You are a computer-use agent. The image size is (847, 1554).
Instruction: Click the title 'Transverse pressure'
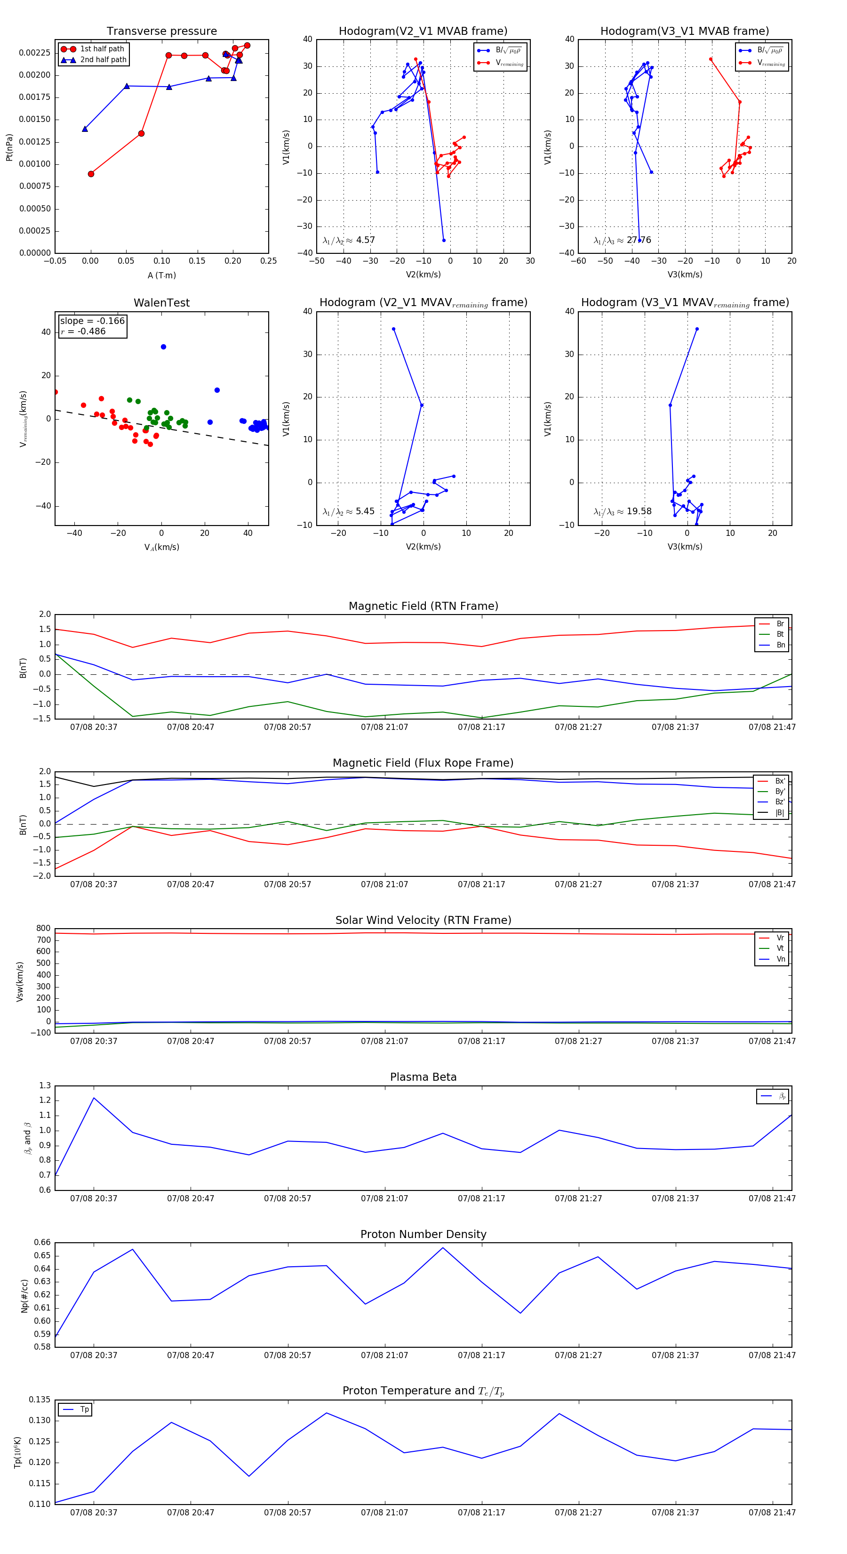tap(161, 32)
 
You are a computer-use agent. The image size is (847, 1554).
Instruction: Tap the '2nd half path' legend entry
tap(103, 60)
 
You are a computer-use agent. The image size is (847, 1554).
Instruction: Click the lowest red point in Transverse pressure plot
tap(91, 174)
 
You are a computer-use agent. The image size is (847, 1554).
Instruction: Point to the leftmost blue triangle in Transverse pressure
tap(85, 129)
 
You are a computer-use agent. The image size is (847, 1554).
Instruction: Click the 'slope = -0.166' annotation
tap(92, 321)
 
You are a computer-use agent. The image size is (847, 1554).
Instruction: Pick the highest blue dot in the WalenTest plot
tap(163, 347)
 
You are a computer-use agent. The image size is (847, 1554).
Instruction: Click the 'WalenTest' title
tap(161, 303)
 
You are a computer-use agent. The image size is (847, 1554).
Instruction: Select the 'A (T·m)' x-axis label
tap(161, 275)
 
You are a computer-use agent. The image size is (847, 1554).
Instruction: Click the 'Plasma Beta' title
tap(423, 1077)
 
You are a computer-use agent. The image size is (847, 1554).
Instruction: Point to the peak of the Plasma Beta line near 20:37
tap(94, 1098)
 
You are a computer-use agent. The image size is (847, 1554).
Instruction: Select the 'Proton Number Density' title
tap(423, 1234)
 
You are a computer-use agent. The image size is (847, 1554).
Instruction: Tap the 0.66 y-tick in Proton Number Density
tap(42, 1242)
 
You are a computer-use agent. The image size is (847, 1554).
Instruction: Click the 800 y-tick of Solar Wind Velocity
tap(43, 929)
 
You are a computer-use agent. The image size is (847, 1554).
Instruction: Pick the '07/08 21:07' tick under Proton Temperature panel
tap(384, 1513)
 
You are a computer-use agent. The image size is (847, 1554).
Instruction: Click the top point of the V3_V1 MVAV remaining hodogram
tap(697, 329)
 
